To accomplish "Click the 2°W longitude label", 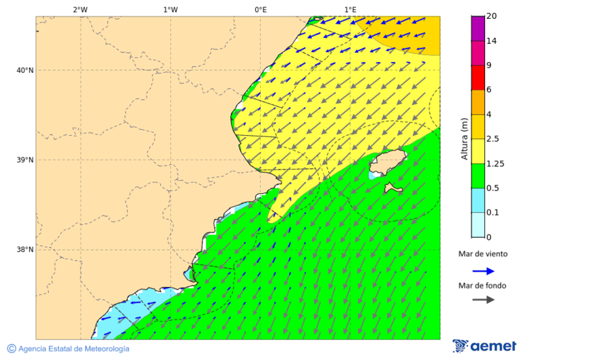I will point(80,9).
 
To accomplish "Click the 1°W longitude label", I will point(170,9).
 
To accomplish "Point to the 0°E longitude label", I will point(260,9).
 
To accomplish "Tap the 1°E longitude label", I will point(351,9).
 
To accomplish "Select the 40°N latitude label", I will point(24,70).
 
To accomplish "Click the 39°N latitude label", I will point(24,160).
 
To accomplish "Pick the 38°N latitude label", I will point(24,250).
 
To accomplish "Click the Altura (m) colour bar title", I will point(464,139).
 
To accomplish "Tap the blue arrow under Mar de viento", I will point(483,271).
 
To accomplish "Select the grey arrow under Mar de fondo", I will point(483,300).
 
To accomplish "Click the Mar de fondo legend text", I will point(482,286).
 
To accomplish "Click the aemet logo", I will point(484,346).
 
